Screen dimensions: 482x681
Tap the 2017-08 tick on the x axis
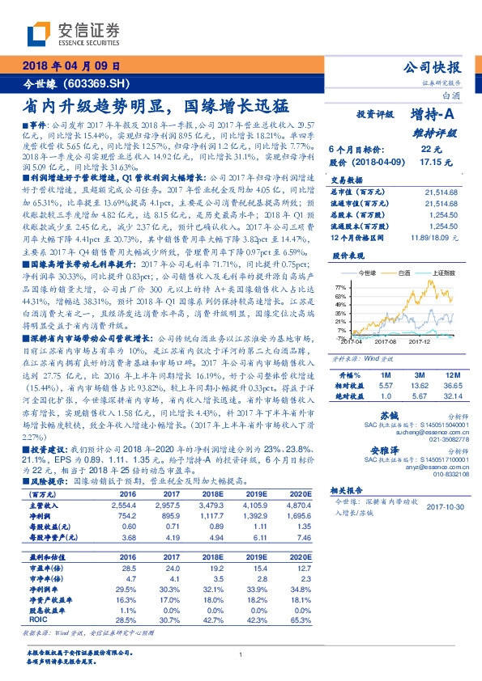coord(386,343)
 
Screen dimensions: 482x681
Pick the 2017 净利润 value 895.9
coord(165,515)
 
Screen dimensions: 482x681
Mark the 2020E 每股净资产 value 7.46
coord(296,537)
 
